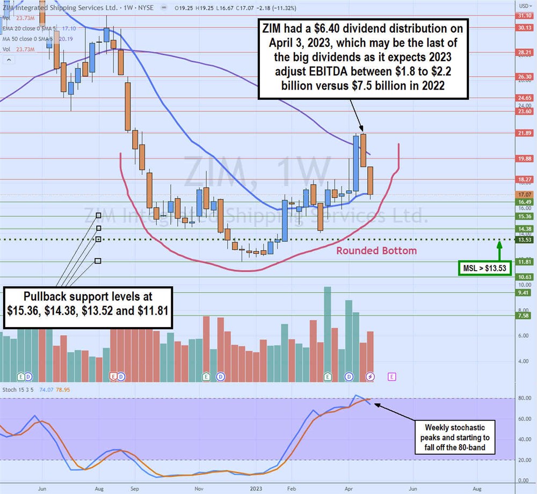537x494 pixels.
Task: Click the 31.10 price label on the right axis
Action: (524, 16)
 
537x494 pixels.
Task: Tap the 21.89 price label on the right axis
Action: (524, 133)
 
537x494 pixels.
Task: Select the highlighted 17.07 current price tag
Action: (524, 194)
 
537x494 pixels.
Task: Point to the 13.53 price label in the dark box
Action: (524, 239)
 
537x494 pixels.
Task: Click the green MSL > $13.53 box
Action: (485, 268)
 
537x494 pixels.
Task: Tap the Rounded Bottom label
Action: (376, 251)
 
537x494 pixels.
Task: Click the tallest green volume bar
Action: (328, 333)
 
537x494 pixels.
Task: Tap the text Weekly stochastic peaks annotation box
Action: (455, 438)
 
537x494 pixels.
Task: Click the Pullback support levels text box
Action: (88, 307)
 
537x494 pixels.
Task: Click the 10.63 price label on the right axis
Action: (524, 277)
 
